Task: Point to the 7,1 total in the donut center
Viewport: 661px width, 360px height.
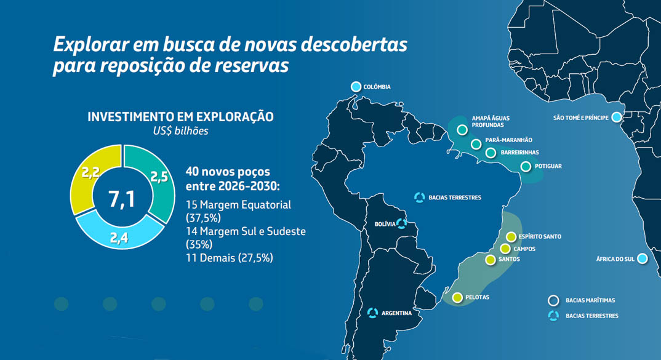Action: pos(121,199)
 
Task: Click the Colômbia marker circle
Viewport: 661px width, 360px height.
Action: pos(356,87)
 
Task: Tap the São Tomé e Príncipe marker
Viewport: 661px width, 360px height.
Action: pos(616,117)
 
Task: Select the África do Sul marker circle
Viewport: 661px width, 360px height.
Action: pos(642,258)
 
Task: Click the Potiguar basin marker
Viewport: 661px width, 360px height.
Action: pos(526,166)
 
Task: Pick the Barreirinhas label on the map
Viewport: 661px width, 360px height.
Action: pos(520,152)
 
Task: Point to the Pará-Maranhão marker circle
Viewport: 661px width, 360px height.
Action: pos(476,144)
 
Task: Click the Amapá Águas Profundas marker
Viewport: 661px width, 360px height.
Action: pos(462,130)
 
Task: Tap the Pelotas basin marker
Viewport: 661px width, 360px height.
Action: pos(457,298)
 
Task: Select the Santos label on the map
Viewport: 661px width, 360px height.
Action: pos(510,259)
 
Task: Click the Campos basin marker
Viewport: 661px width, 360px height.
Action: pos(505,249)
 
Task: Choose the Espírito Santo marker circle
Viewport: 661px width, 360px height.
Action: pos(511,237)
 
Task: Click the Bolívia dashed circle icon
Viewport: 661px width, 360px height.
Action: pos(401,224)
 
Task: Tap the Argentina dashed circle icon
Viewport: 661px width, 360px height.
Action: pos(372,313)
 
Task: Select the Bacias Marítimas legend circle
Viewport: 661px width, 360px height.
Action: pos(553,300)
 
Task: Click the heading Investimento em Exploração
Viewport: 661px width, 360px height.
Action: pos(180,117)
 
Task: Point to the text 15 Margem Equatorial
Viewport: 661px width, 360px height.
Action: pos(238,205)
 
